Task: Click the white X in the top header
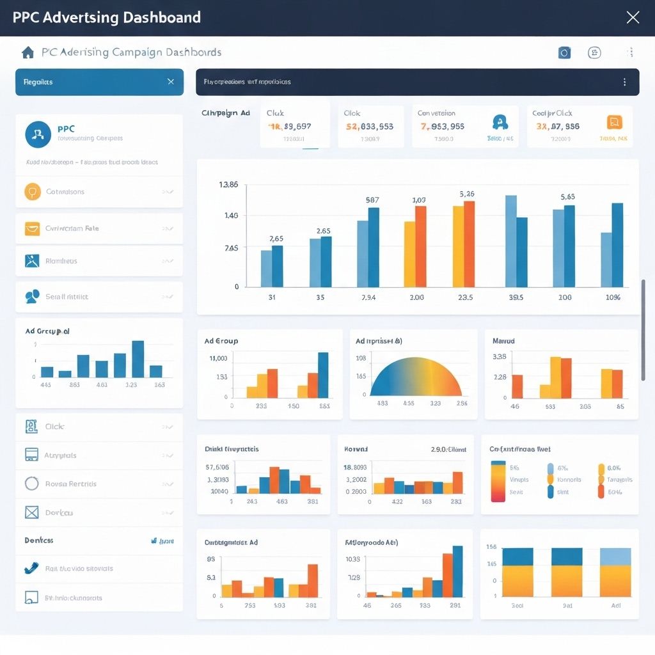click(x=632, y=17)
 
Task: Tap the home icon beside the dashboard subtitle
click(x=28, y=52)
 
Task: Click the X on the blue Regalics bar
click(x=170, y=82)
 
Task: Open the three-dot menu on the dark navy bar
click(x=624, y=82)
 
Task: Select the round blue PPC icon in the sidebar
click(x=38, y=134)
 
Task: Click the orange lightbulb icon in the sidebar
click(x=32, y=192)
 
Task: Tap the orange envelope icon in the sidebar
click(x=32, y=228)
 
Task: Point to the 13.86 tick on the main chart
click(x=228, y=185)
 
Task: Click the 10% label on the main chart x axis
click(x=613, y=297)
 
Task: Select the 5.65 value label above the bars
click(x=567, y=197)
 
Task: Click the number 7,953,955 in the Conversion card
click(x=442, y=127)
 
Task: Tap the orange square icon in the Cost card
click(x=614, y=122)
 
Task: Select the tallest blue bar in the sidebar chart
click(x=138, y=359)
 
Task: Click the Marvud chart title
click(x=503, y=342)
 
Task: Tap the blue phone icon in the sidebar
click(x=31, y=568)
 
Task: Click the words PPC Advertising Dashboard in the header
click(x=107, y=17)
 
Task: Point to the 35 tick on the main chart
click(x=320, y=297)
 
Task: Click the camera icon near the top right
click(x=564, y=53)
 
